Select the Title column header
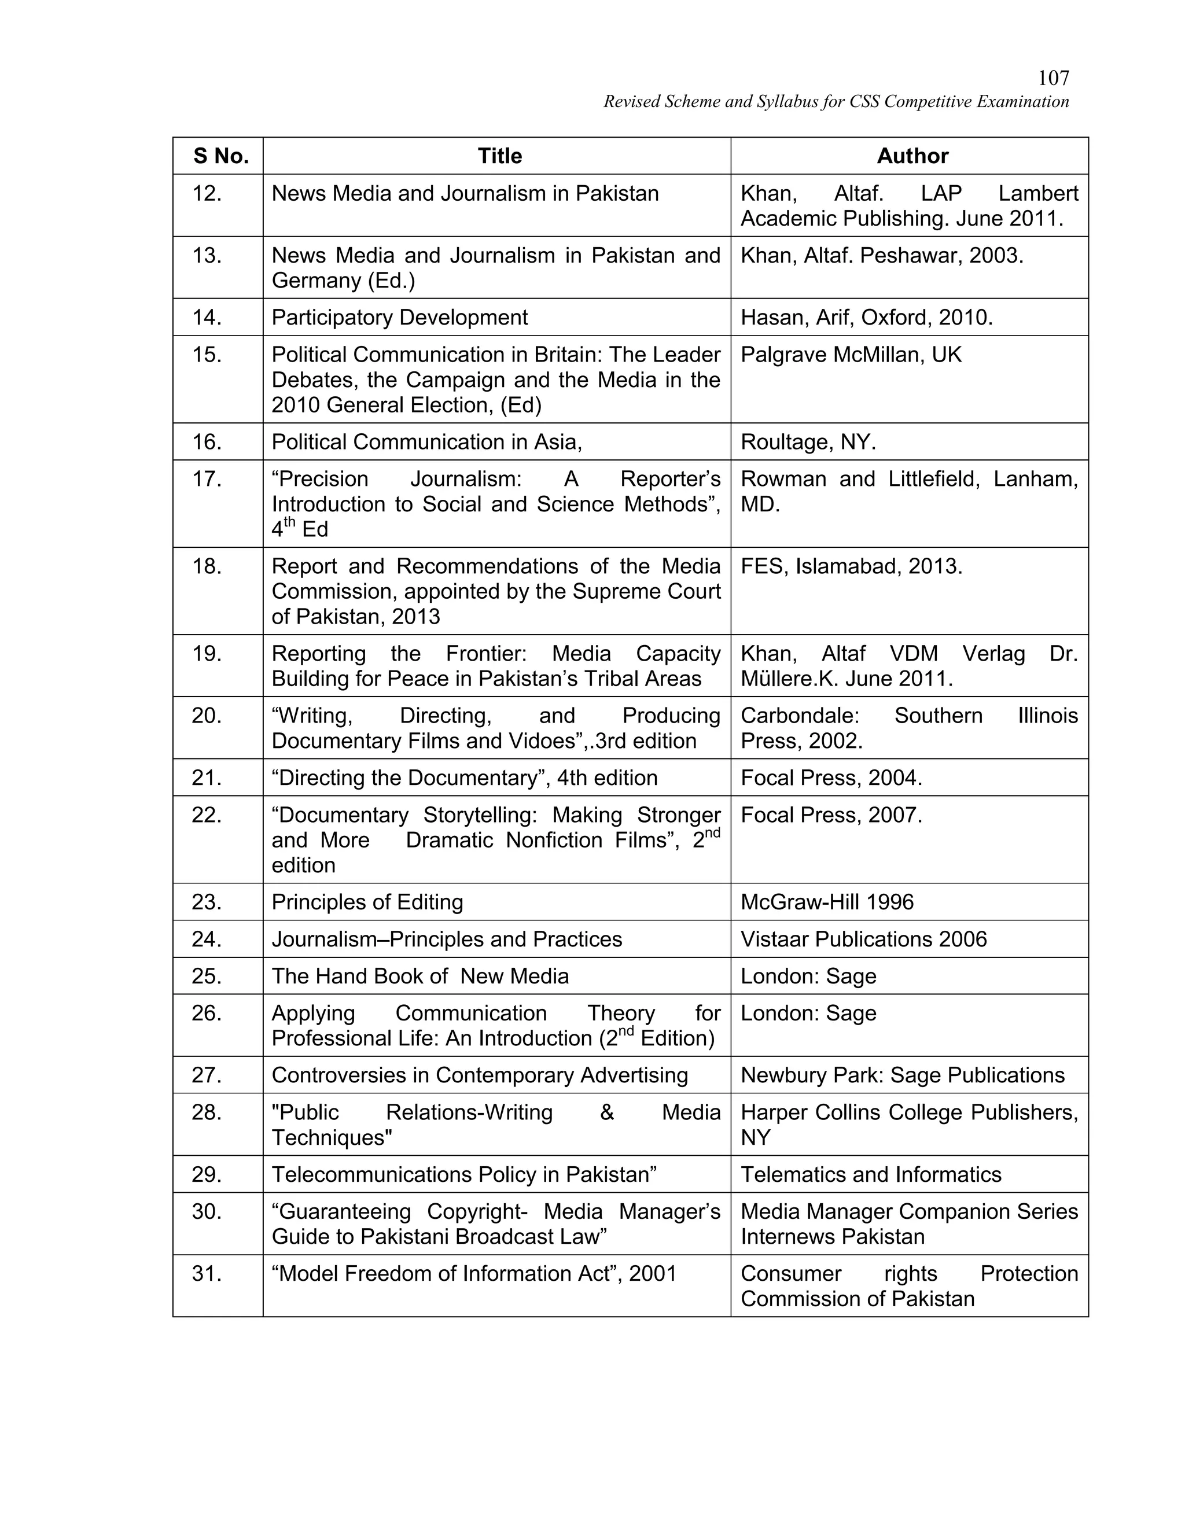click(x=499, y=156)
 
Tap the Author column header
click(x=912, y=156)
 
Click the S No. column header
click(x=221, y=156)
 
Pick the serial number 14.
click(x=207, y=317)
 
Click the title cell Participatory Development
click(x=399, y=317)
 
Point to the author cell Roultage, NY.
click(x=808, y=441)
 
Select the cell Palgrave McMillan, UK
click(x=851, y=355)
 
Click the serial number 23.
click(x=207, y=902)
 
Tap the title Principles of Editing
click(x=367, y=902)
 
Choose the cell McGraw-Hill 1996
click(x=827, y=902)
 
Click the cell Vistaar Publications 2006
click(x=863, y=939)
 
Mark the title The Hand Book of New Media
click(x=420, y=976)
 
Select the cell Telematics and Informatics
click(x=870, y=1174)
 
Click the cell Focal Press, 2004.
click(x=831, y=777)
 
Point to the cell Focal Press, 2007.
click(x=831, y=815)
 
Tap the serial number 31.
click(x=207, y=1273)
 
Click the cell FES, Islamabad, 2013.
click(x=851, y=566)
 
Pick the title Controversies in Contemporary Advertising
click(x=480, y=1075)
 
